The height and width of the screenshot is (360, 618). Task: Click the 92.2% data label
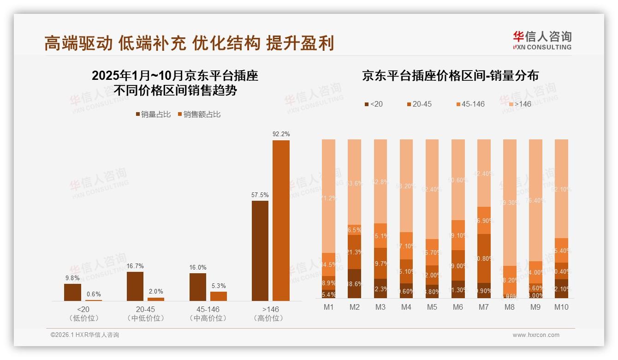tap(281, 134)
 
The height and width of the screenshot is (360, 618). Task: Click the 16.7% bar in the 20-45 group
tap(135, 286)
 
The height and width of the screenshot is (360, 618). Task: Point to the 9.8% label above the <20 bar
tap(72, 278)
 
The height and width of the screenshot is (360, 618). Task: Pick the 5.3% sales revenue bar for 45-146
tap(219, 296)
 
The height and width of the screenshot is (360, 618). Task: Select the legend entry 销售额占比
tap(199, 114)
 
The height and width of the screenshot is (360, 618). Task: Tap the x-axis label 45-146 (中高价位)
tap(208, 313)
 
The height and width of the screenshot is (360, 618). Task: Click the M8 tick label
tap(510, 307)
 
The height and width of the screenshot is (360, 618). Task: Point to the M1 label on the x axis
tap(328, 307)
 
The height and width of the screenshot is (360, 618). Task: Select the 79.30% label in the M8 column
tap(510, 203)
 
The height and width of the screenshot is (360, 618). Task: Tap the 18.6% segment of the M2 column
tap(354, 284)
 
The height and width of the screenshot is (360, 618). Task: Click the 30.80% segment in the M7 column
tap(484, 258)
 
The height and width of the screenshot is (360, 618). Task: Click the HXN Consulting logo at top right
tap(542, 41)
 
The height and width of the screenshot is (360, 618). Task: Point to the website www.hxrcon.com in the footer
tap(535, 335)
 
